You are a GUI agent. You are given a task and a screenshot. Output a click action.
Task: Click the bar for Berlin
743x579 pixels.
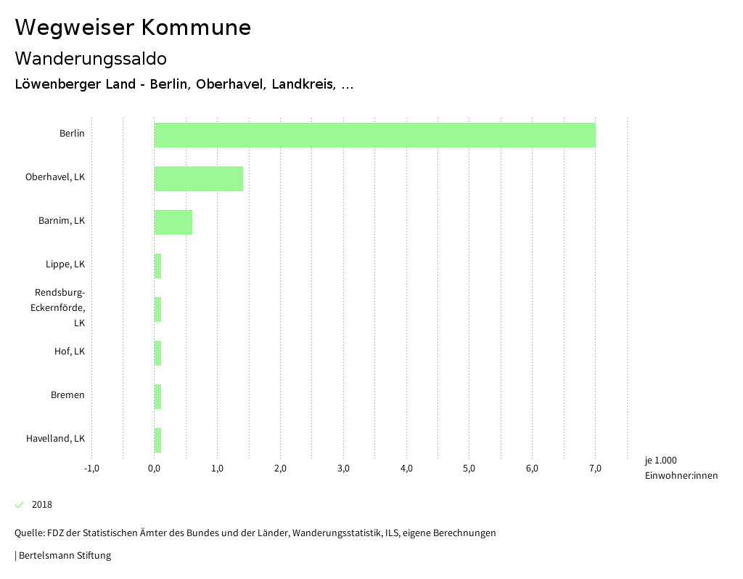click(374, 135)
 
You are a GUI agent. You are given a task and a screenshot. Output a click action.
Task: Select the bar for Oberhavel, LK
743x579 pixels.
click(199, 179)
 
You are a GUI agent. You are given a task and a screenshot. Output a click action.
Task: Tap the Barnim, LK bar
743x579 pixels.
click(173, 222)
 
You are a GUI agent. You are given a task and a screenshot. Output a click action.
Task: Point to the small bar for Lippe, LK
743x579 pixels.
click(157, 266)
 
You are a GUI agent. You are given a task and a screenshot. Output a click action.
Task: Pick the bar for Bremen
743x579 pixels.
click(157, 397)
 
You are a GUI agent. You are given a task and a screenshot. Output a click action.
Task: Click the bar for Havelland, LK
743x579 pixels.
click(157, 440)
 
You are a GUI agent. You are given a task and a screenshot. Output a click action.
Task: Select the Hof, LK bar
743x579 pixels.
click(157, 353)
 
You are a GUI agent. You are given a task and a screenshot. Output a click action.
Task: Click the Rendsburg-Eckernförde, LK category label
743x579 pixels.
click(60, 307)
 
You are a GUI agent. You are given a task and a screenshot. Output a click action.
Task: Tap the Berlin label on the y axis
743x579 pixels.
click(72, 134)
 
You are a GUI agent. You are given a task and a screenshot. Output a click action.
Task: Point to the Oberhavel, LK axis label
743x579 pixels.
click(55, 177)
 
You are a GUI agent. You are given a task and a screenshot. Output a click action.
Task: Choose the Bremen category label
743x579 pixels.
click(67, 395)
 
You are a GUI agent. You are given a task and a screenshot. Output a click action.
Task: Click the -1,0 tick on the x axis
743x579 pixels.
click(91, 468)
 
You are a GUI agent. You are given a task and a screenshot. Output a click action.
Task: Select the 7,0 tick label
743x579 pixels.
click(595, 468)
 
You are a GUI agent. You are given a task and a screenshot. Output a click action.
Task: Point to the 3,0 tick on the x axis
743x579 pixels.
click(343, 468)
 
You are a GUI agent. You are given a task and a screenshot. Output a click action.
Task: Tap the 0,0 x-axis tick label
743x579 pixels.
click(155, 468)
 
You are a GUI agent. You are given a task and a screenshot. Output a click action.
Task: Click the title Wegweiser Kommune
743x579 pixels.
click(133, 28)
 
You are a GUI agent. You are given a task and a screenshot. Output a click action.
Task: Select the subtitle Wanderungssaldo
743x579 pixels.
click(91, 58)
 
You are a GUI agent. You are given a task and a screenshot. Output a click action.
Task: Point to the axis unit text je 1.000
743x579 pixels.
click(660, 461)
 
